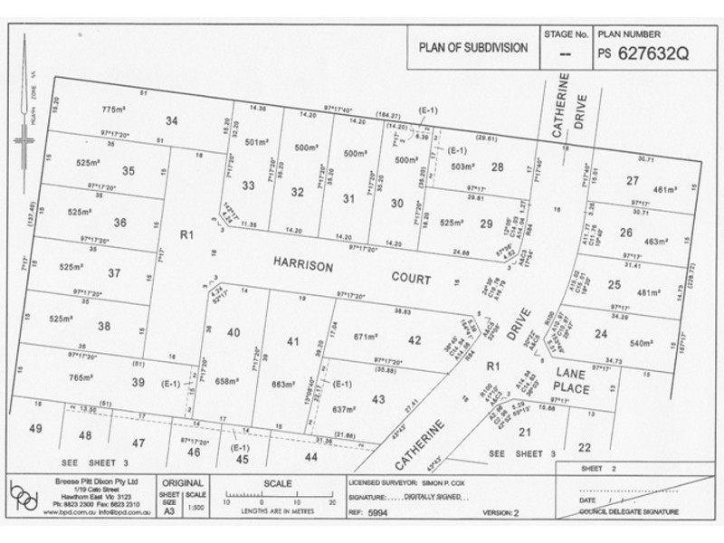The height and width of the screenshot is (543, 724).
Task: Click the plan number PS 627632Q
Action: click(x=643, y=52)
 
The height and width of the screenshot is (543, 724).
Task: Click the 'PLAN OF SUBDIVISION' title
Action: click(x=472, y=47)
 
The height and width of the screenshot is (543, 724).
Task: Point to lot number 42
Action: click(x=414, y=339)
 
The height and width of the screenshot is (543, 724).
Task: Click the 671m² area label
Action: click(x=365, y=336)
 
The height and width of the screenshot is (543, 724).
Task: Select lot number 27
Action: click(x=632, y=180)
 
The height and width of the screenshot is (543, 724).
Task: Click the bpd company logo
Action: click(x=30, y=498)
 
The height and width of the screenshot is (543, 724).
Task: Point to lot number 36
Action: click(x=120, y=222)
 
